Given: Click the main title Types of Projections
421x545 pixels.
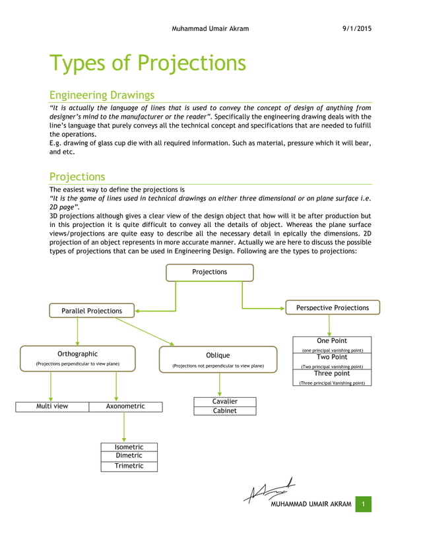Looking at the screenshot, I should tap(148, 63).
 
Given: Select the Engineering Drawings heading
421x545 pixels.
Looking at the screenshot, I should tap(102, 95).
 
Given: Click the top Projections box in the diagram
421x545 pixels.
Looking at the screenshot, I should tap(209, 272).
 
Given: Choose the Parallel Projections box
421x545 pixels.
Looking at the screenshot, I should tap(92, 311).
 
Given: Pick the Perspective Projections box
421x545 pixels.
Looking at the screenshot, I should tap(333, 307).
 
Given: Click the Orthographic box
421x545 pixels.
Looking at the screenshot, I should tap(78, 358).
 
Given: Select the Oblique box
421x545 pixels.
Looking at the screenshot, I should tap(218, 359).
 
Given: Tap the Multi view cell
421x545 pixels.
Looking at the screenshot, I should tap(52, 406).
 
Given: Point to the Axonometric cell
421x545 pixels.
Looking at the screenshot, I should tap(125, 406).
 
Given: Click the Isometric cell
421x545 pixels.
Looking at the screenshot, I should tap(129, 447).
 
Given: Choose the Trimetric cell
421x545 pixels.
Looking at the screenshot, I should tap(129, 466).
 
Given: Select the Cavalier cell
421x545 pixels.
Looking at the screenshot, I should tap(224, 401).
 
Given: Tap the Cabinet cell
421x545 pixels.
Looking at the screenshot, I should tap(224, 410).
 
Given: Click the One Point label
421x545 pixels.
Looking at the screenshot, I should tap(331, 341).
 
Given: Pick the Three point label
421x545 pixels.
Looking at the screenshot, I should tap(331, 373).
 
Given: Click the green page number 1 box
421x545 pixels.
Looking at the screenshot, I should tap(363, 505).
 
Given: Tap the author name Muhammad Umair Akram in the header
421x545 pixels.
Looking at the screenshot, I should tap(210, 29).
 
